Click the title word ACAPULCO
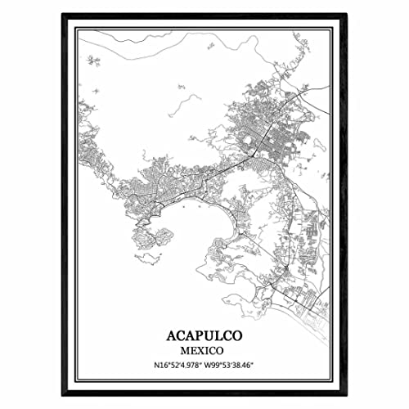[204, 336]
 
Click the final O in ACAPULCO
[240, 336]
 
